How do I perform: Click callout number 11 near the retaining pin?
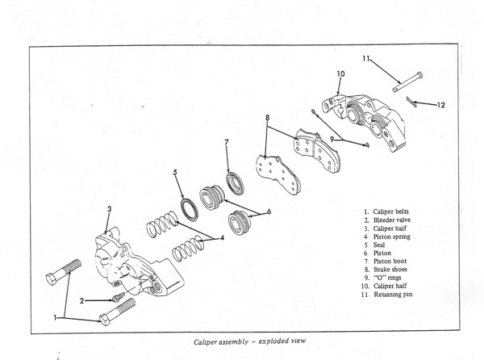tap(365, 58)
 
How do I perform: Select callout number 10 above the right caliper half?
tap(340, 74)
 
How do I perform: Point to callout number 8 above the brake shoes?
tap(266, 119)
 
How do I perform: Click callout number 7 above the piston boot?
tap(227, 142)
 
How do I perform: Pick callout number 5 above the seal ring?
tap(175, 172)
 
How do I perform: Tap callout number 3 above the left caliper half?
tap(110, 209)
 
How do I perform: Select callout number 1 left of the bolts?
tap(56, 317)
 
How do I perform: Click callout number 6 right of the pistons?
tap(269, 211)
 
